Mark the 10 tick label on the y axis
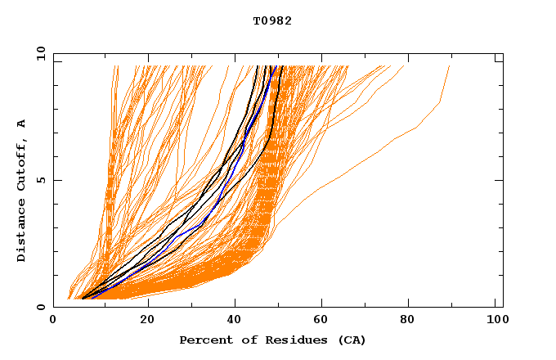point(39,53)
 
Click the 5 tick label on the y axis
point(43,180)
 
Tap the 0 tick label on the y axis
point(43,307)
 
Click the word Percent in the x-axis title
point(202,340)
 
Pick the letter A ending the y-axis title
point(21,124)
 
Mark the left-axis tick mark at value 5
point(56,180)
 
